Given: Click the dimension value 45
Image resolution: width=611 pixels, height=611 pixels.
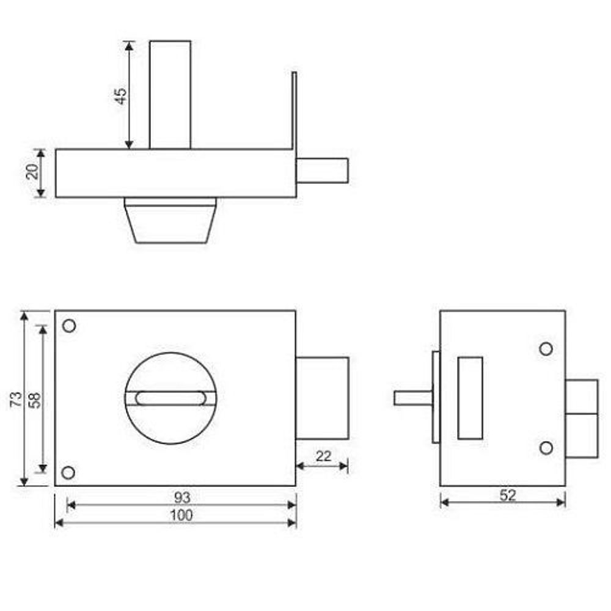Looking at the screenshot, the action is tap(121, 96).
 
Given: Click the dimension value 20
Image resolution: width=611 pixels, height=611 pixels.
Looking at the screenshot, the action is tap(32, 172).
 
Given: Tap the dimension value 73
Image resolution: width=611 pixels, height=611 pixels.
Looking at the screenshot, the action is tap(16, 400).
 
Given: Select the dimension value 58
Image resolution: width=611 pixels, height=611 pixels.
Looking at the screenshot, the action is tap(35, 400).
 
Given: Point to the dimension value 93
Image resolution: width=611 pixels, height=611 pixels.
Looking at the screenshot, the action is tap(182, 497).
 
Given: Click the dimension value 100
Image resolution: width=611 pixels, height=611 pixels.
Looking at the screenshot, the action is tap(181, 515).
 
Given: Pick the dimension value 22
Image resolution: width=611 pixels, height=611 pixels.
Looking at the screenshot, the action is tap(323, 456).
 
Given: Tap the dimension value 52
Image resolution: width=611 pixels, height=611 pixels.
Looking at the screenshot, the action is tap(508, 496).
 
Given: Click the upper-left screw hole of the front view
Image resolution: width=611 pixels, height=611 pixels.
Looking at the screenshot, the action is tap(69, 326).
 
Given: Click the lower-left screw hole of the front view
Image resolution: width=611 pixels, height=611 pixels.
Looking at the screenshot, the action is tap(68, 473).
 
